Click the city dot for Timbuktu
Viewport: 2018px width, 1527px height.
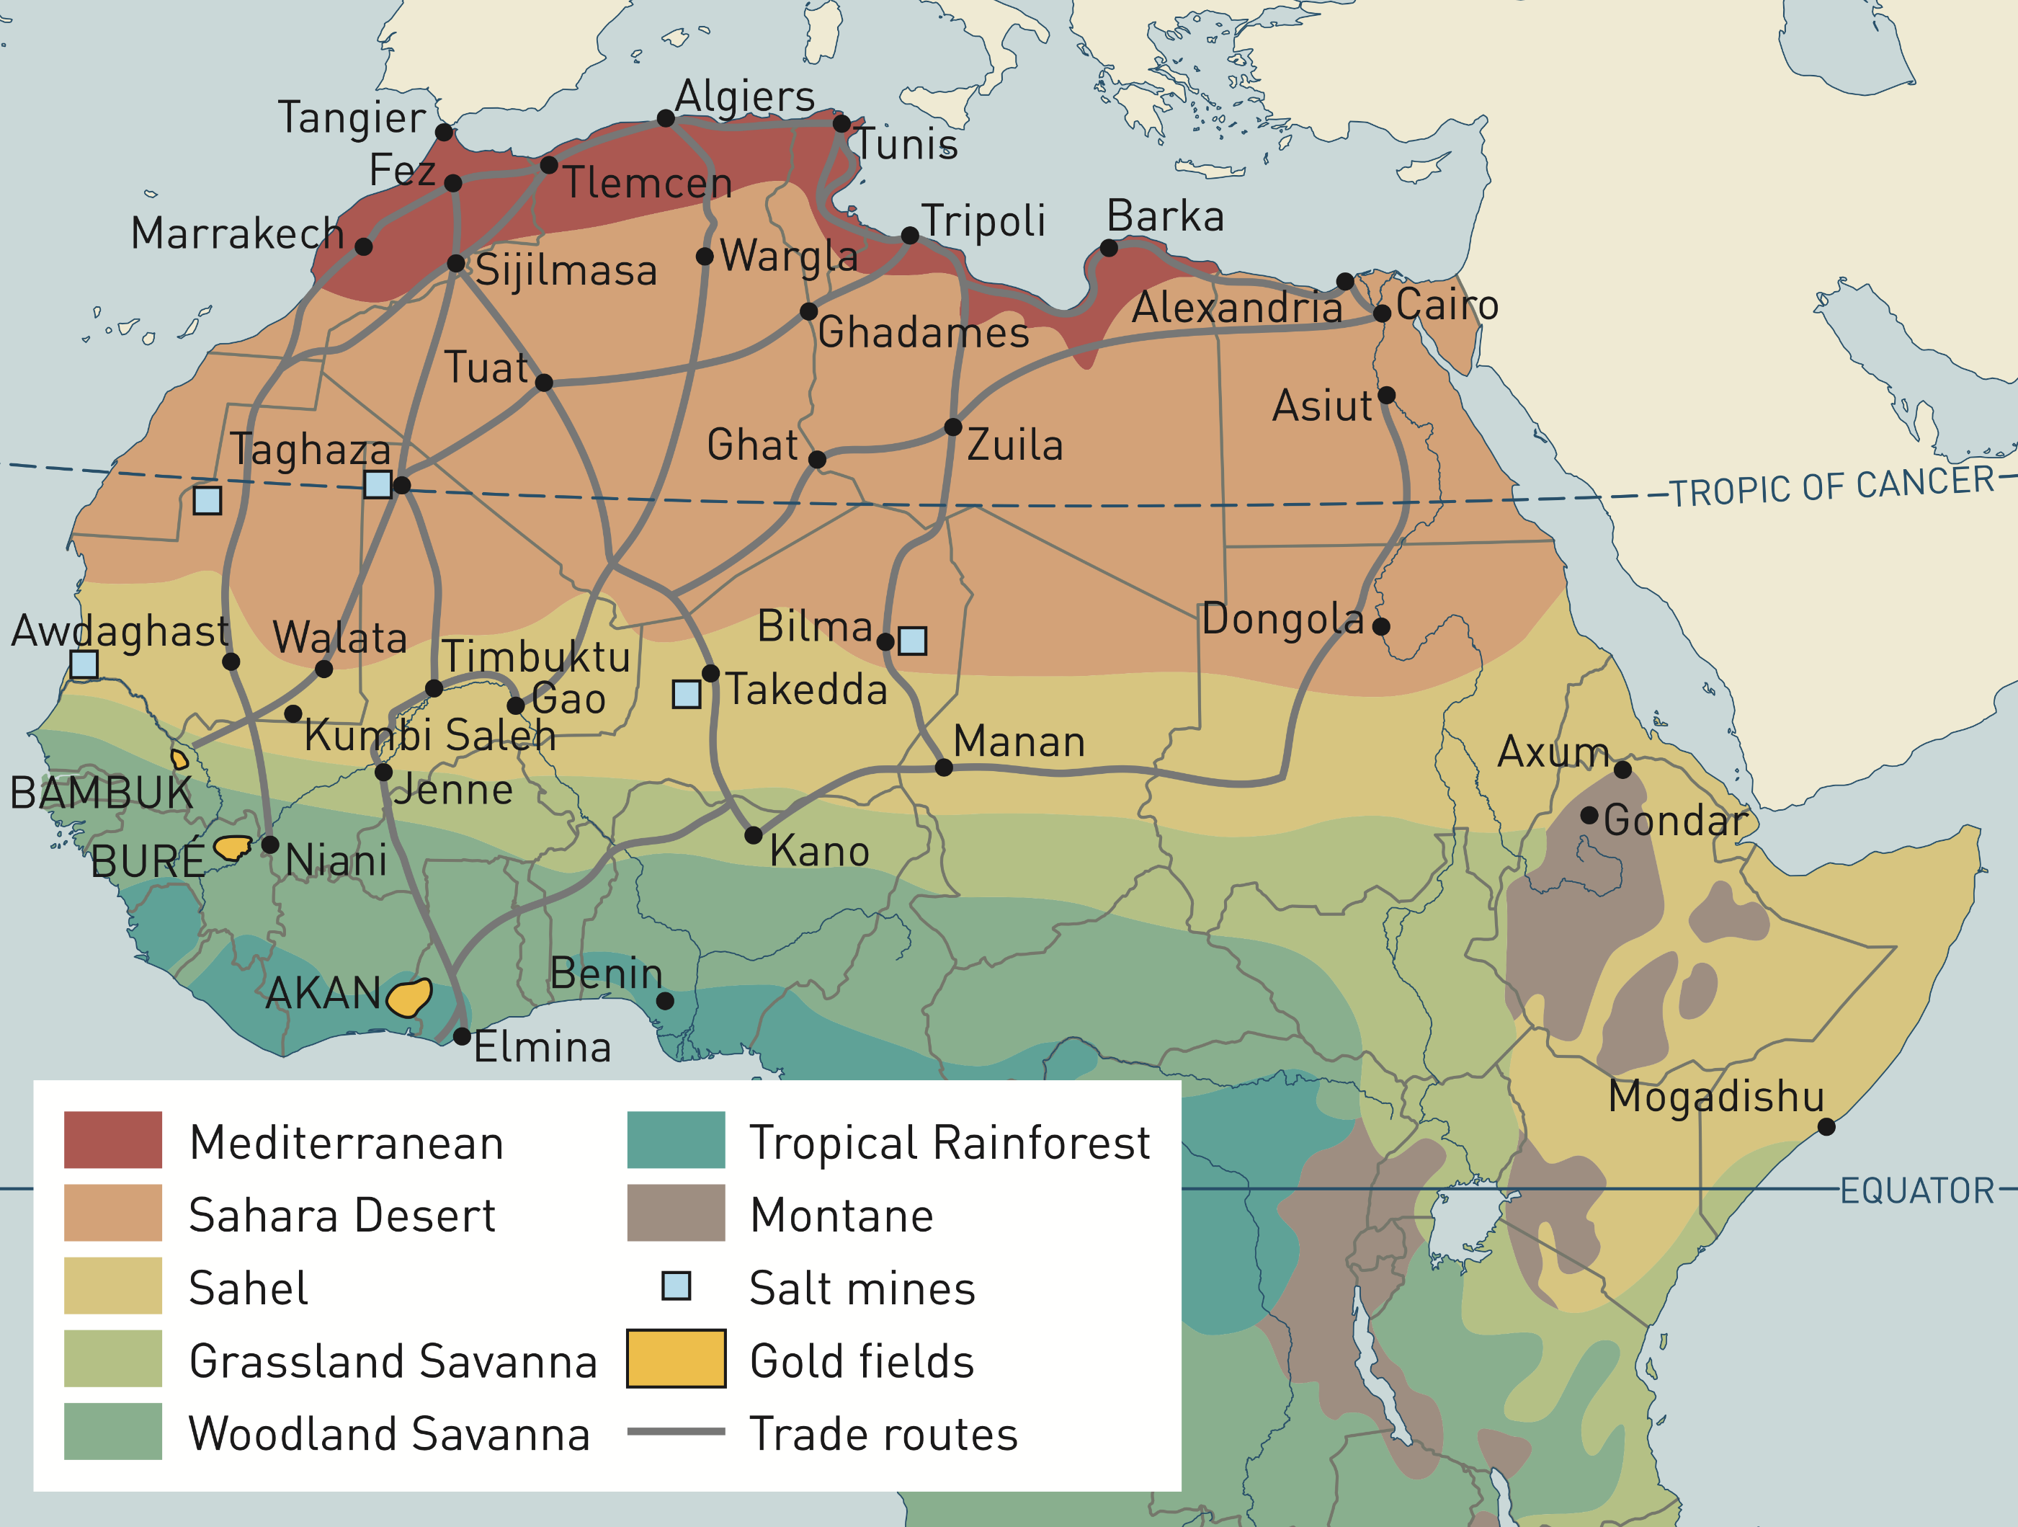pos(434,688)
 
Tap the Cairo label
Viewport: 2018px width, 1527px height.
pos(1447,304)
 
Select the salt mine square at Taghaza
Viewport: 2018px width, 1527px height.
pos(378,484)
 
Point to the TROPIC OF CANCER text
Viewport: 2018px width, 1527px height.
pos(1832,486)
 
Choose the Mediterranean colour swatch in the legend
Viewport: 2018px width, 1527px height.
pos(113,1140)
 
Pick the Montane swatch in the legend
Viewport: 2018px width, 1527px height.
pos(676,1213)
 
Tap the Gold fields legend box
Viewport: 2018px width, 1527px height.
pos(676,1359)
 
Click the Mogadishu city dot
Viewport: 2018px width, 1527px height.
pos(1826,1127)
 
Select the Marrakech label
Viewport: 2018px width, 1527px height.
pos(237,233)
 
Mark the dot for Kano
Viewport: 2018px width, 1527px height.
pos(754,835)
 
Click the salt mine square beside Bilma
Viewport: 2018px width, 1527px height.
pos(912,641)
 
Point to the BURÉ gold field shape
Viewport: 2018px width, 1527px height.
pos(233,847)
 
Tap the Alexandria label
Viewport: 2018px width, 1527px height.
pos(1236,307)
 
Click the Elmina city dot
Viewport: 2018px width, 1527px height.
pos(462,1037)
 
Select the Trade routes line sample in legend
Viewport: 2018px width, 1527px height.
pos(676,1432)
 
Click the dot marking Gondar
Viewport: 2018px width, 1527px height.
pos(1589,815)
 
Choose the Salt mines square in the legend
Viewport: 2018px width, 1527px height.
pos(676,1286)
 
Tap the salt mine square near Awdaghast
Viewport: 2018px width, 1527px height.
pos(84,664)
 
